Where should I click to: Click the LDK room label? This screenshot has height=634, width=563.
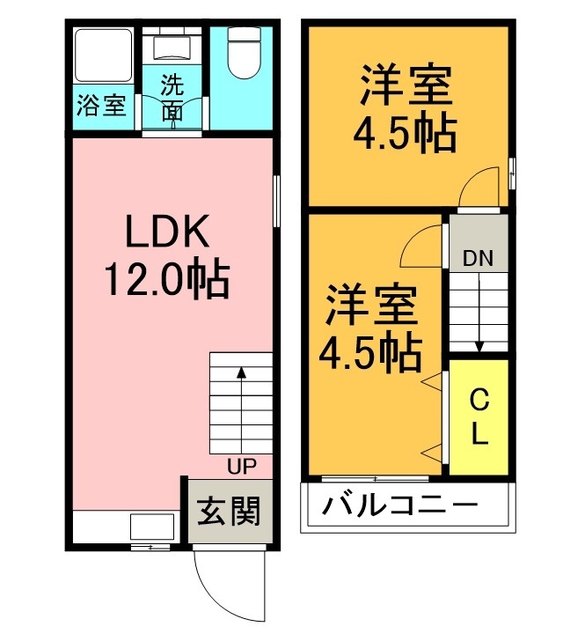(166, 233)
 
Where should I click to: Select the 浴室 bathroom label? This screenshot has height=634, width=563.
(102, 107)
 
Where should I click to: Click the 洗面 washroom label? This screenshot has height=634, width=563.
(172, 98)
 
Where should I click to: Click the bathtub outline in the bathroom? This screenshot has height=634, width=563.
(102, 57)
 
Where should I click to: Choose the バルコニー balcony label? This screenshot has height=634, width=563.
(399, 506)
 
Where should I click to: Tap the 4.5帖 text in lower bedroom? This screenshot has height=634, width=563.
(369, 353)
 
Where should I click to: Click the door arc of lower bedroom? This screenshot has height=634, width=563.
(420, 247)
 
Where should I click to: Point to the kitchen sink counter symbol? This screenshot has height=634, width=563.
(151, 527)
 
